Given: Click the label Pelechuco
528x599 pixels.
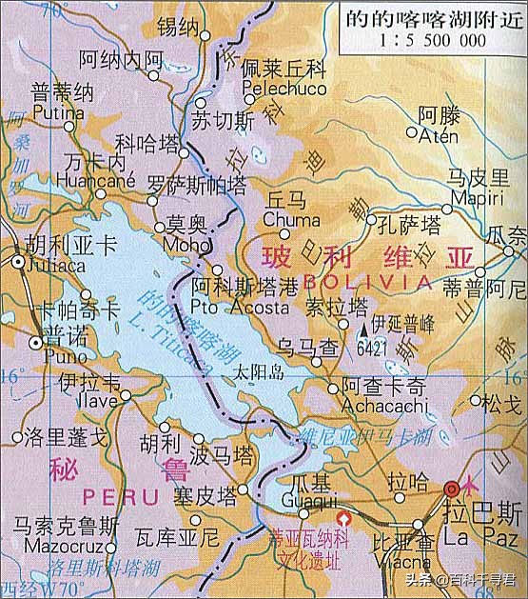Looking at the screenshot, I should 283,87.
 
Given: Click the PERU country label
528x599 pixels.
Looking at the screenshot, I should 114,496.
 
